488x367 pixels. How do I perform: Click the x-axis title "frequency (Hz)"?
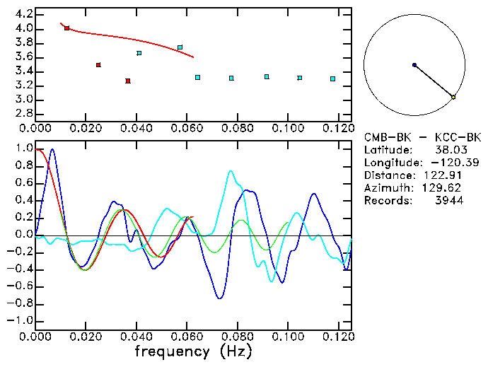click(192, 351)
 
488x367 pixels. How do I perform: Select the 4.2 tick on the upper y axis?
click(22, 14)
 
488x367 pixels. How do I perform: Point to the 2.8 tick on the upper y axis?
click(22, 114)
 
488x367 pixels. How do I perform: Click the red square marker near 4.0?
click(66, 28)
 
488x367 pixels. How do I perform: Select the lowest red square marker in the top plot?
click(128, 81)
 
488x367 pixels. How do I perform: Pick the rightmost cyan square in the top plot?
click(332, 78)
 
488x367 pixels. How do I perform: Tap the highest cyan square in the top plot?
click(180, 47)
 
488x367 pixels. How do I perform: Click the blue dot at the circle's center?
click(414, 65)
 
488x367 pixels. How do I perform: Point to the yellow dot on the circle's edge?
click(453, 97)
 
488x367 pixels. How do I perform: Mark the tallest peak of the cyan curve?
click(231, 171)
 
